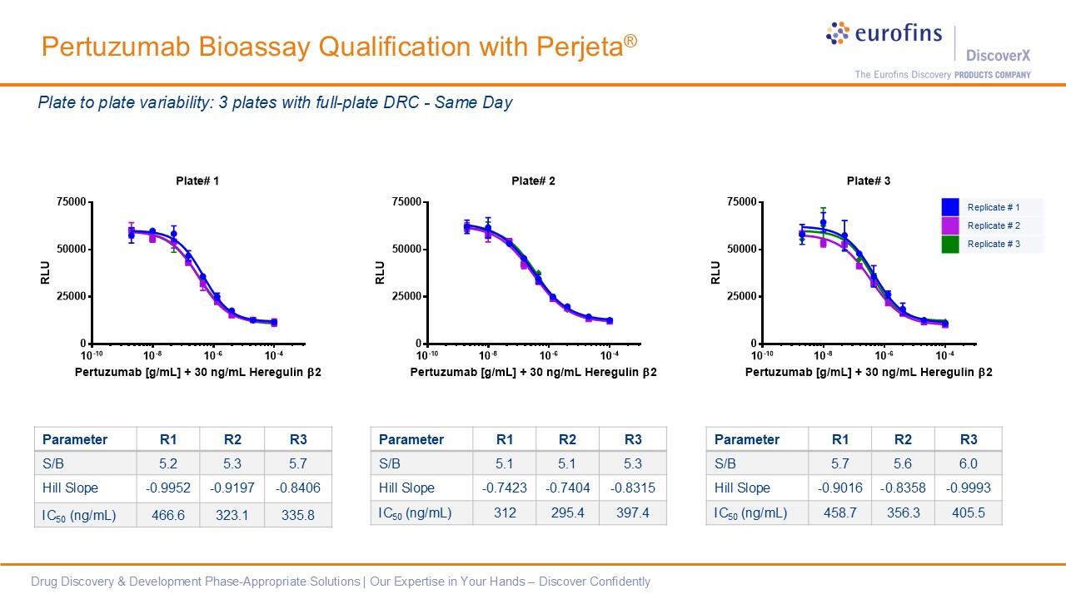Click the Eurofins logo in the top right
tap(884, 34)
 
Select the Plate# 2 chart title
tap(533, 181)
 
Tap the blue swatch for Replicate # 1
tap(950, 207)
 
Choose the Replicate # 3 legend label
tap(993, 244)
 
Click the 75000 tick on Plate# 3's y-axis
tap(741, 202)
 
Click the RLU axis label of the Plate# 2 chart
tap(380, 272)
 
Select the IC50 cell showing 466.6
tap(168, 515)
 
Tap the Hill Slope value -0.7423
tap(504, 488)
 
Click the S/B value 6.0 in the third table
tap(968, 463)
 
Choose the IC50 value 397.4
tap(633, 512)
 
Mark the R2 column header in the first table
tap(232, 439)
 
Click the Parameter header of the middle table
tap(411, 439)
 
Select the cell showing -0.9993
tap(968, 488)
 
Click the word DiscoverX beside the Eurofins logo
tap(998, 56)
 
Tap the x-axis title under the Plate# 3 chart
tap(868, 373)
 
